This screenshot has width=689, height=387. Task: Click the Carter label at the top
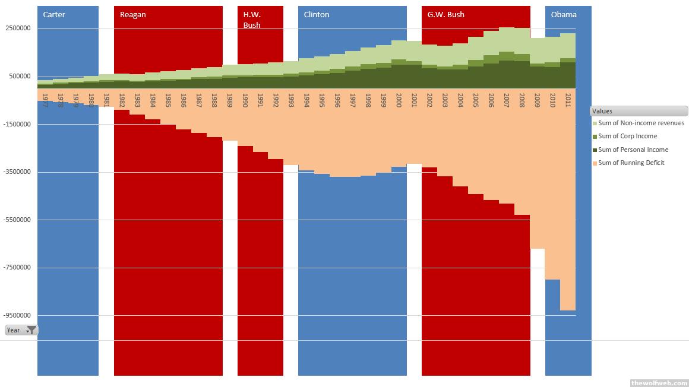coord(54,15)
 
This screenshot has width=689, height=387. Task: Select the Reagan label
coord(132,15)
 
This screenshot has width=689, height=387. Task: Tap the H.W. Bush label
coord(252,20)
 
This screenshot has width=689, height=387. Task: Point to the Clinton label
coord(316,15)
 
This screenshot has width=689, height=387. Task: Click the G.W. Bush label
coord(445,15)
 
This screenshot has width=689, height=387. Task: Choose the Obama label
coord(564,15)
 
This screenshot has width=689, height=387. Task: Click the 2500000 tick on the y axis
coord(18,28)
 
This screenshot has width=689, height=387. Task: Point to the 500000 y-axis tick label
coord(20,77)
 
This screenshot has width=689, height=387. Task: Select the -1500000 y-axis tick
coord(18,125)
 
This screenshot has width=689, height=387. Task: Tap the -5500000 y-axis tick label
coord(18,220)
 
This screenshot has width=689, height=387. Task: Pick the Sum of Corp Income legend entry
coord(627,137)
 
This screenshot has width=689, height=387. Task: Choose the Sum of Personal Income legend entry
coord(633,150)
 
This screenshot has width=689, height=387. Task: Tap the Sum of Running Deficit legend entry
coord(631,163)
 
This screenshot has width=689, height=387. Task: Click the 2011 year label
coord(568,99)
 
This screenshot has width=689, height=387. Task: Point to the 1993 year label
coord(291,99)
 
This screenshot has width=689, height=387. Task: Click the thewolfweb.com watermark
coord(658,382)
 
